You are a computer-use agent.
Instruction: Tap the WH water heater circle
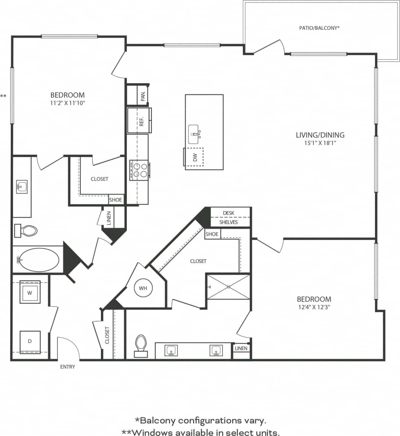coord(142,288)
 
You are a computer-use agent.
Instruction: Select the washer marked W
coord(30,292)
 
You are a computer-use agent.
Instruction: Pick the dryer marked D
coord(30,342)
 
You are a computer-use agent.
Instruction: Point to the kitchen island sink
coord(194,134)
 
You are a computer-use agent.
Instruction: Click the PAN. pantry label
coord(143,95)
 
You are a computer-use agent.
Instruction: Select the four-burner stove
coord(139,169)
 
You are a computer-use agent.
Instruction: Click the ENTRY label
coord(68,367)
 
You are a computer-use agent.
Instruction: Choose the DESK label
coord(229,213)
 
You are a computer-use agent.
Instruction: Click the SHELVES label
coord(229,222)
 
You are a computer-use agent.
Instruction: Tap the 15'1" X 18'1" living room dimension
coord(320,143)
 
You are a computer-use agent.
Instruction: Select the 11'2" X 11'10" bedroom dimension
coord(68,103)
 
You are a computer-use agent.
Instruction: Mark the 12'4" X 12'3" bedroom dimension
coord(314,307)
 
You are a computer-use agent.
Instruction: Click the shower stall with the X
coord(228,286)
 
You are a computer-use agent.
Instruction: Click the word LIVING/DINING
coord(320,135)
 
